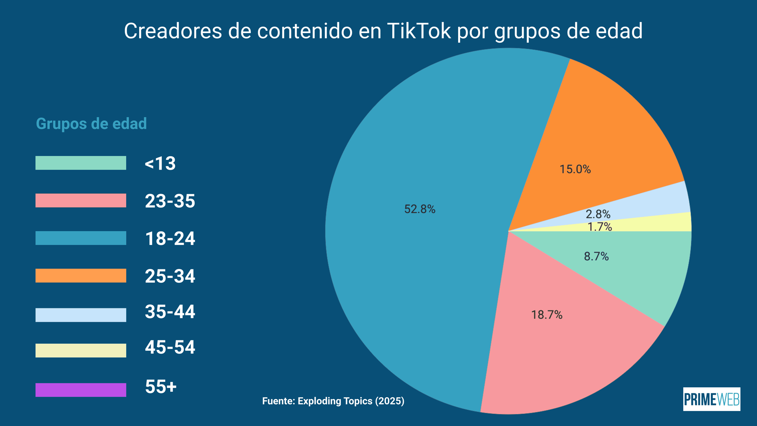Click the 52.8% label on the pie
420,209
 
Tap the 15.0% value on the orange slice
575,169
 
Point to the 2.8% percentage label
598,214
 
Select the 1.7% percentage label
599,227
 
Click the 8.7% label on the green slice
596,257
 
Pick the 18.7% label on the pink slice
546,315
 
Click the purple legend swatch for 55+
81,390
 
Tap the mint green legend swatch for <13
81,163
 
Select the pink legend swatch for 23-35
81,200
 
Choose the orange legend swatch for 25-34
81,275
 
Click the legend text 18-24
170,239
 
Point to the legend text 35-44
170,312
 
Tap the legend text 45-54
170,348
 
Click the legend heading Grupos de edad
91,124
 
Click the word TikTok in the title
419,31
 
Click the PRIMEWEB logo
711,399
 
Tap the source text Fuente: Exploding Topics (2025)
333,401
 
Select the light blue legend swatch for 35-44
81,315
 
